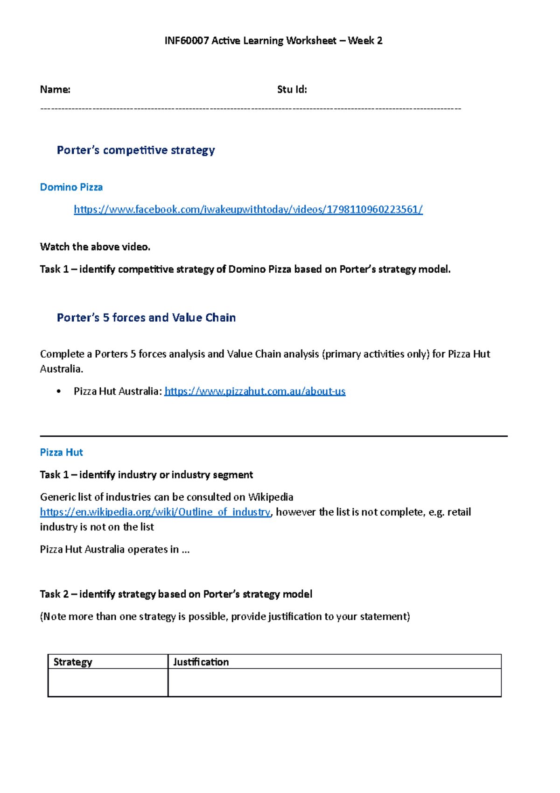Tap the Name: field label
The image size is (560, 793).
pos(55,89)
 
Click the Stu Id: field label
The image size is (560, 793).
pos(292,89)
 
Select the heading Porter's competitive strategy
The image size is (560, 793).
pos(135,150)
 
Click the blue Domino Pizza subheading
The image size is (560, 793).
pos(71,187)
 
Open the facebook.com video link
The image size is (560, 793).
pos(248,209)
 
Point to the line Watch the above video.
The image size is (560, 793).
pos(95,247)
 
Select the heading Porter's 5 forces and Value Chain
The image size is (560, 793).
pos(146,318)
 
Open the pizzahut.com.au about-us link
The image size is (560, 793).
pos(255,391)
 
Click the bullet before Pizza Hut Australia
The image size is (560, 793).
pos(58,391)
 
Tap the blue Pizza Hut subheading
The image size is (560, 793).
pos(61,452)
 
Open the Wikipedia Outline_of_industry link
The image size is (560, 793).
pos(155,512)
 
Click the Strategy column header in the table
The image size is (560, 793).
pos(73,662)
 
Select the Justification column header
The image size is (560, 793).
pos(201,662)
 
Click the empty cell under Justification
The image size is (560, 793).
pos(334,682)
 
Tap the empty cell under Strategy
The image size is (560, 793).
pos(108,682)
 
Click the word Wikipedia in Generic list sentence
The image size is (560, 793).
pos(270,497)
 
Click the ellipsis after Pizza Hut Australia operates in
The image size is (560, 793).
pos(185,550)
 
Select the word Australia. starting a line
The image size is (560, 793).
pos(61,369)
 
